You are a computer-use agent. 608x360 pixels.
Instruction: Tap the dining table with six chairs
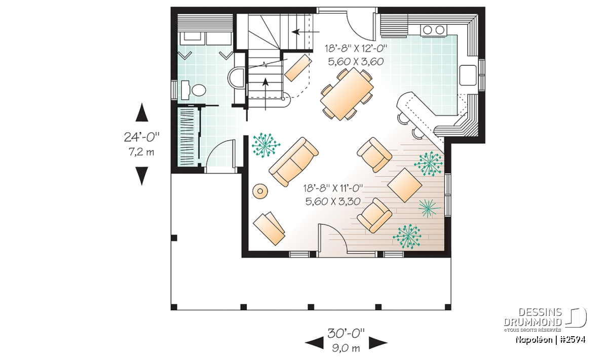click(347, 94)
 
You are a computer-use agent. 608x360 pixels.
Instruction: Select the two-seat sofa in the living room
click(294, 162)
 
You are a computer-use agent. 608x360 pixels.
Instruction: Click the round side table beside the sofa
click(260, 191)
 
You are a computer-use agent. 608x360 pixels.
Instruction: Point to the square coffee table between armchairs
click(404, 185)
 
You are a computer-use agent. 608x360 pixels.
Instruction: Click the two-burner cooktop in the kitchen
click(433, 30)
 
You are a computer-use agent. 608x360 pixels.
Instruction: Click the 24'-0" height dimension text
click(141, 137)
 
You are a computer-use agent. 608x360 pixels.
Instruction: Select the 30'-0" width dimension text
click(346, 333)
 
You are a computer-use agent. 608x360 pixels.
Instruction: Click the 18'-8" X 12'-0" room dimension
click(356, 49)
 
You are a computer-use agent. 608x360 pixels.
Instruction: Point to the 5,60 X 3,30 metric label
click(333, 202)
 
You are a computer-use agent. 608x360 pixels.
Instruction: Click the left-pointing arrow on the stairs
click(306, 32)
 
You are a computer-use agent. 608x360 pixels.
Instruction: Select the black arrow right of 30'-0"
click(378, 343)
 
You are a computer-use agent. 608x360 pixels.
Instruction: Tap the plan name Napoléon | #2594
click(550, 340)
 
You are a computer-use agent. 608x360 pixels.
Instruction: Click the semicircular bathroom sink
click(236, 77)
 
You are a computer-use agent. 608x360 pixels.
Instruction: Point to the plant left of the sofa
click(265, 145)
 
